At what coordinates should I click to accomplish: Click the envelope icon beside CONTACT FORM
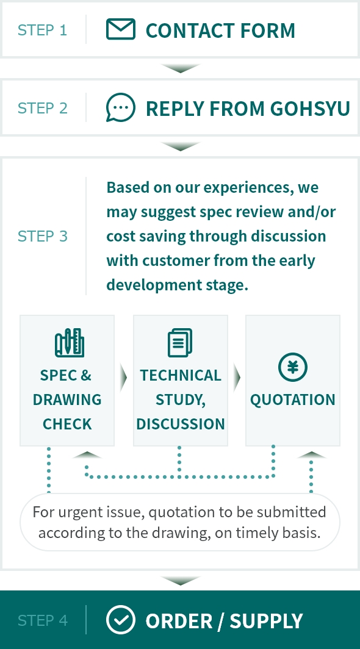coord(121,29)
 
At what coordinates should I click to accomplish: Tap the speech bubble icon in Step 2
coord(121,107)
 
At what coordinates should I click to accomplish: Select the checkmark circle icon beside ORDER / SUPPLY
coord(121,620)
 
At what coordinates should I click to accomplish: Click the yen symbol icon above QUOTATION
coord(292,367)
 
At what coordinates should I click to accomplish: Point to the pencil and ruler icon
coord(70,343)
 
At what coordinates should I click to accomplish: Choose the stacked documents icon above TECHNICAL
coord(180,343)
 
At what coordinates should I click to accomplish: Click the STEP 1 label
coord(42,30)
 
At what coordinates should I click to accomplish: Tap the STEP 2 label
coord(42,108)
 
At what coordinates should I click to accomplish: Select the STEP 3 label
coord(42,236)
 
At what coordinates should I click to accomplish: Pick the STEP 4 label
coord(42,620)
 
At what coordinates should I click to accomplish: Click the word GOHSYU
coord(310,109)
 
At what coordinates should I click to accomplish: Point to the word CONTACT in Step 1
coord(185,30)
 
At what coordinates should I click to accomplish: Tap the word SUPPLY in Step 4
coord(267,621)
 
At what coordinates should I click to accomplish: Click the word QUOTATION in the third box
coord(292,400)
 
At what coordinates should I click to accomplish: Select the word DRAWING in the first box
coord(67,400)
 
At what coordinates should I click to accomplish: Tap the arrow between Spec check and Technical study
coord(123,378)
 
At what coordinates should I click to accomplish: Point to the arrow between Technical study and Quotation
coord(237,378)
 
